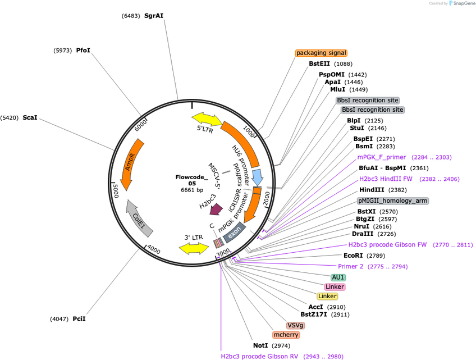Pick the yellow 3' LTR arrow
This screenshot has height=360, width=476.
tap(194, 248)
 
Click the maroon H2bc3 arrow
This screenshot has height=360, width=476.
tap(217, 209)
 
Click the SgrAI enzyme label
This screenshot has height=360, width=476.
tap(154, 16)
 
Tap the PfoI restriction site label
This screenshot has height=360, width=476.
tap(83, 51)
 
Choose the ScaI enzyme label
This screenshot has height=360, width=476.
tap(30, 117)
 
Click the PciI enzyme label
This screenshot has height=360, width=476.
tap(79, 319)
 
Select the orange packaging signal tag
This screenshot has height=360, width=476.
tap(321, 53)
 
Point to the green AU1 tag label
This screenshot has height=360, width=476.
tap(338, 277)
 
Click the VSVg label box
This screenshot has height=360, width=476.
tap(295, 325)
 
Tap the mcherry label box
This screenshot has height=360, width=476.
tap(286, 335)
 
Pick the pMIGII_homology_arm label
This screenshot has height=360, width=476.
tap(393, 201)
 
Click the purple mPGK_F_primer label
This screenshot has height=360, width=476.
tap(382, 157)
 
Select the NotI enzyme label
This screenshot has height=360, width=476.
tap(260, 346)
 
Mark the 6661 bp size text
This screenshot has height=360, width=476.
tap(192, 190)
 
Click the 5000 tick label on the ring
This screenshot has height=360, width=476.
tap(116, 190)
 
